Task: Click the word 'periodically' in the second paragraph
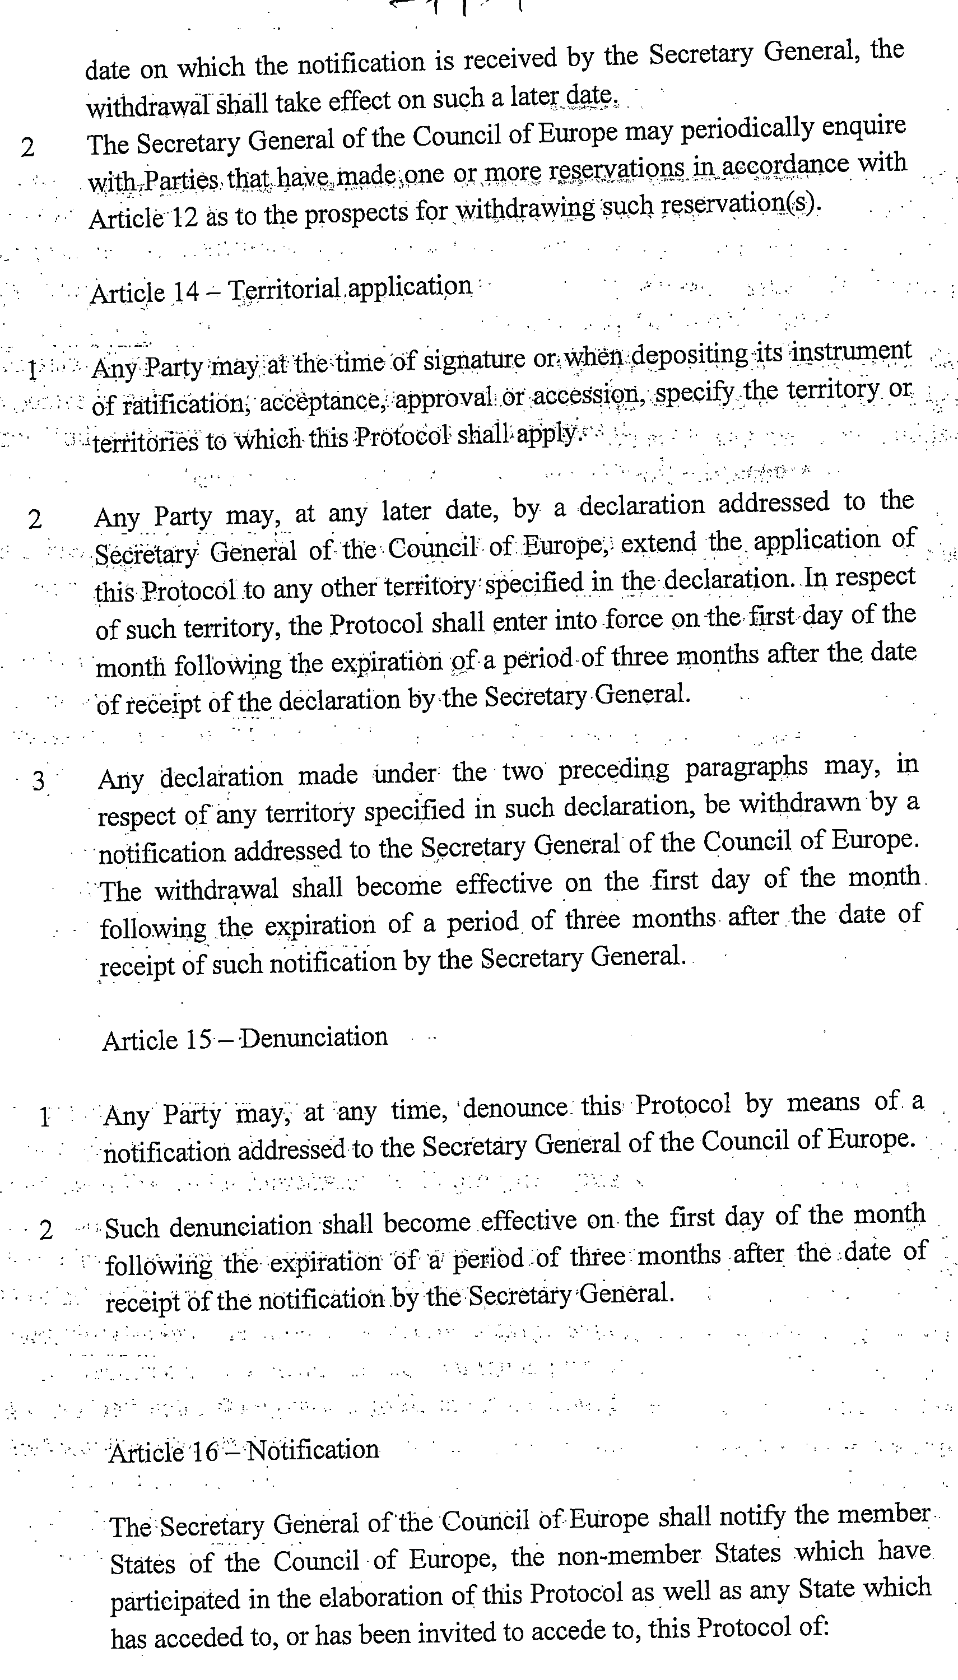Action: point(746,129)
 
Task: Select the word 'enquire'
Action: point(863,126)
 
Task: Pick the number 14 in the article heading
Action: point(185,291)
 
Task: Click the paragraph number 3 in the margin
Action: point(39,781)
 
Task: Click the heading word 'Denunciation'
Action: point(314,1038)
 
